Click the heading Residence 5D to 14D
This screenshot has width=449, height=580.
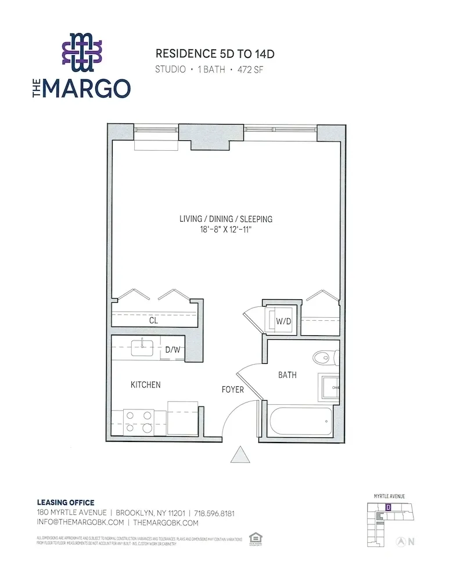coord(214,54)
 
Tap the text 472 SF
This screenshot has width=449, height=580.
coord(253,70)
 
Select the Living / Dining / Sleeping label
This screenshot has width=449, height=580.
coord(226,219)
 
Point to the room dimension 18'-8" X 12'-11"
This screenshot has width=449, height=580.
coord(226,230)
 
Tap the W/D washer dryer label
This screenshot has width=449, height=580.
coord(283,320)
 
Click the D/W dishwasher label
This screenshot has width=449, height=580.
coord(173,349)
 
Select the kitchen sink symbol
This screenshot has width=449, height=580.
coord(141,348)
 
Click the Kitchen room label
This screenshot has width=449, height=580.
coord(145,385)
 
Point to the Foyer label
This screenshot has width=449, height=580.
coord(232,390)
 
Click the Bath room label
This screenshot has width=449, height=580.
coord(287,375)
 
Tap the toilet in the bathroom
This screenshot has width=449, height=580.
coord(323,356)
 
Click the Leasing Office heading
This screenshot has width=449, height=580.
coord(65,502)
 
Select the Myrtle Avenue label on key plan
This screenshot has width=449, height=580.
coord(389,496)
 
